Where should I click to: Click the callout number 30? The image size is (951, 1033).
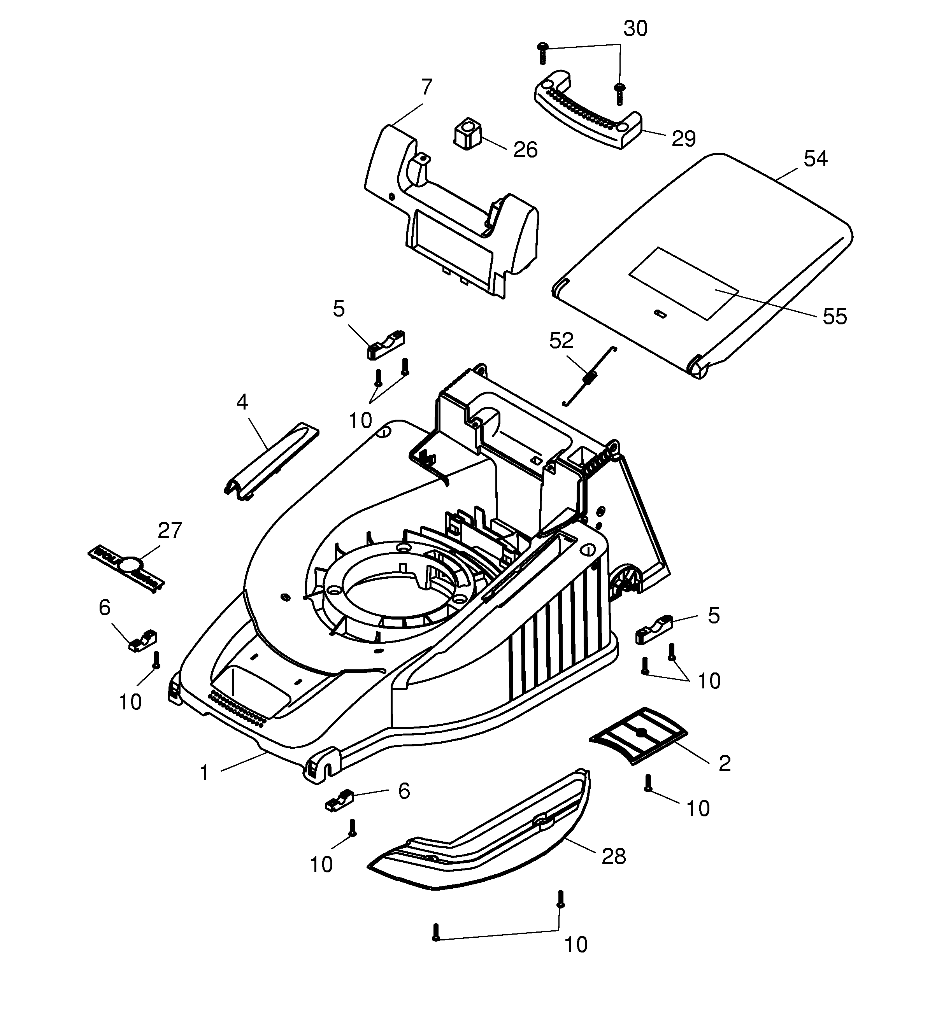point(635,29)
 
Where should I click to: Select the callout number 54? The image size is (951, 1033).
point(815,159)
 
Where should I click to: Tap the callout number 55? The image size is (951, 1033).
point(834,316)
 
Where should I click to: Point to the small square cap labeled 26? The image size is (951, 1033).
point(467,135)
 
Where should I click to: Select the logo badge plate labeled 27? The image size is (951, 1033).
point(126,567)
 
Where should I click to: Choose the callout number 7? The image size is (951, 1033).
point(426,88)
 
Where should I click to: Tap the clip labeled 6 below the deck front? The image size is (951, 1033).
point(340,800)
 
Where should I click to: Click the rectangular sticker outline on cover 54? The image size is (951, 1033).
point(684,282)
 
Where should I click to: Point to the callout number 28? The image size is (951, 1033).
point(613,856)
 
